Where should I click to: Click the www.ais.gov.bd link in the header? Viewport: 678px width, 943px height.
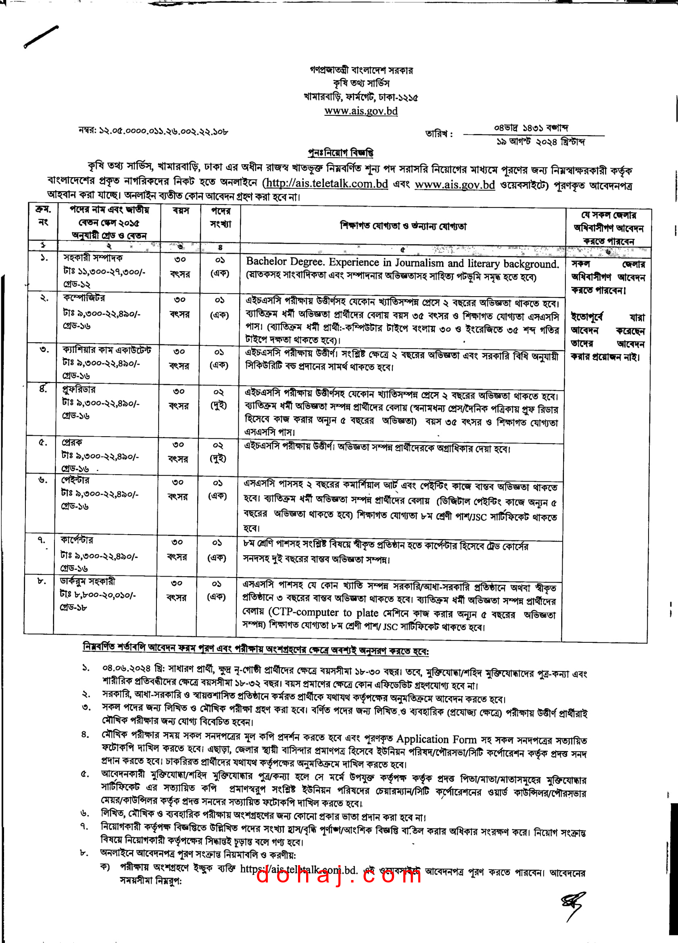[361, 111]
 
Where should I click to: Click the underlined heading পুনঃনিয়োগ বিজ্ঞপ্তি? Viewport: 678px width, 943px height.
[340, 153]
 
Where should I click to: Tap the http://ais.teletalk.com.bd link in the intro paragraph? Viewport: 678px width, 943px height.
[327, 183]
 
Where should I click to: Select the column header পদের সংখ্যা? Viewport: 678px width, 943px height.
[220, 218]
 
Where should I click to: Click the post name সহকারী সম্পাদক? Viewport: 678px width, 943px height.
[93, 258]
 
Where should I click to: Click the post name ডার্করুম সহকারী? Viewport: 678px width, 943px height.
[87, 581]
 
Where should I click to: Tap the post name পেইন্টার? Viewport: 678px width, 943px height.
[75, 480]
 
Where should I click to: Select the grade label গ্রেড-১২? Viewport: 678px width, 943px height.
[77, 285]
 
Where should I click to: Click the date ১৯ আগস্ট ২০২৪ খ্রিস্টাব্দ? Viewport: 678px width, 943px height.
[540, 142]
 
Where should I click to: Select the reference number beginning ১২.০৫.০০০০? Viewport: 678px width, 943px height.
[153, 132]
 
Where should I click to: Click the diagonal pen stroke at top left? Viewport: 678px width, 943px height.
[41, 37]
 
